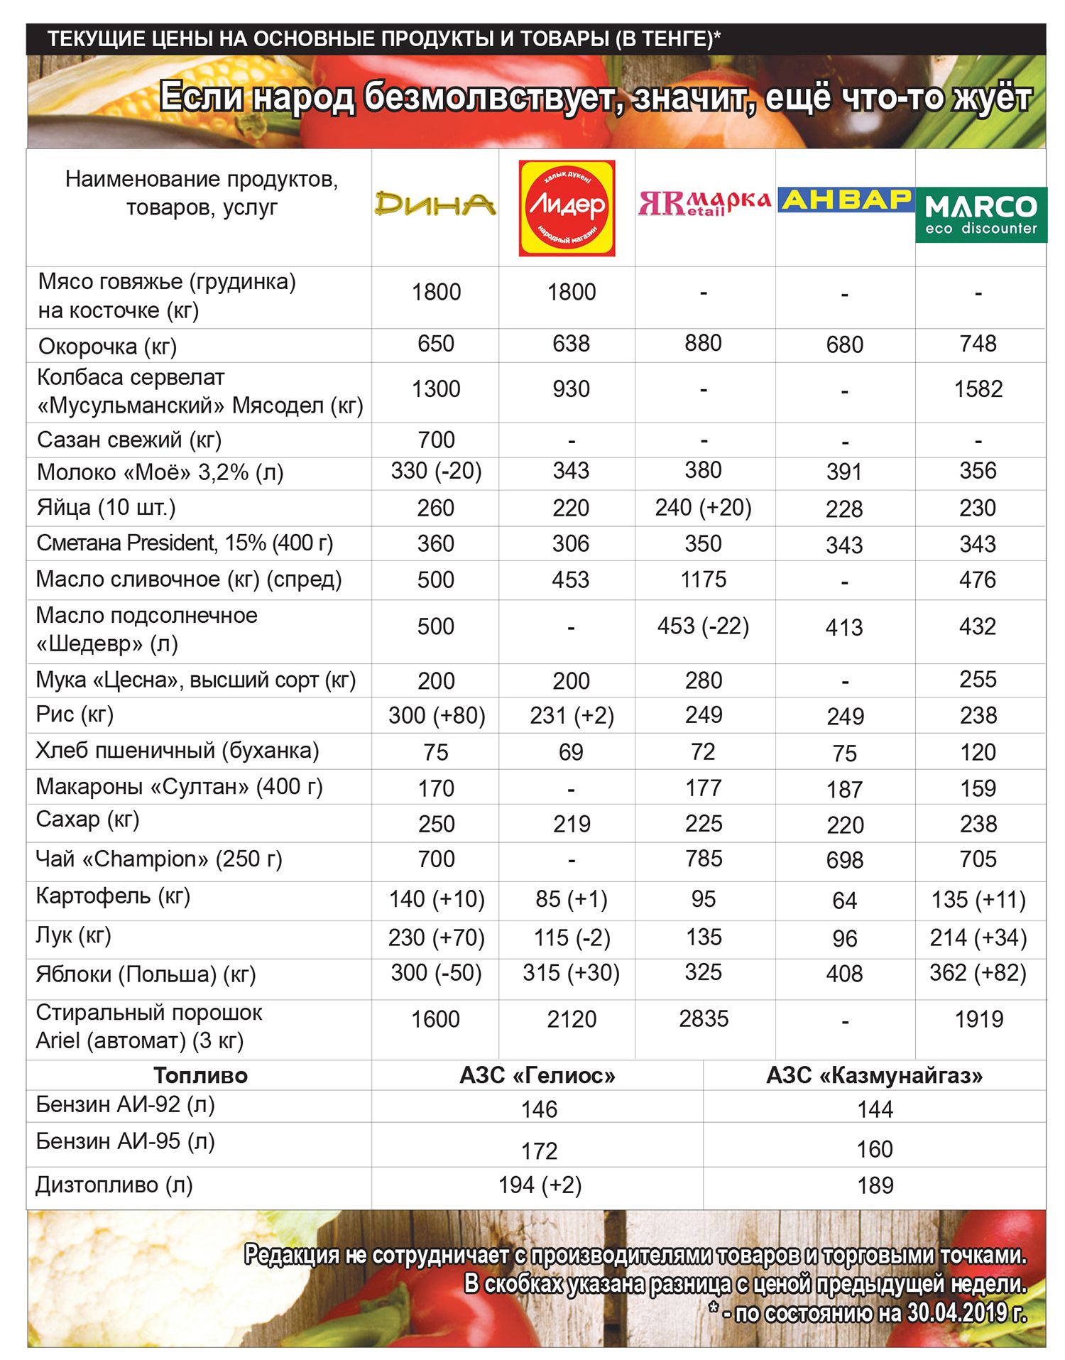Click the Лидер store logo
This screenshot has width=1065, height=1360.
(x=567, y=207)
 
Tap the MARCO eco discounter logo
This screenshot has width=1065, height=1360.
(x=981, y=214)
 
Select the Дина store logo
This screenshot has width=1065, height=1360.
(x=435, y=204)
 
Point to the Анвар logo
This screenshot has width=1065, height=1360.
(x=845, y=200)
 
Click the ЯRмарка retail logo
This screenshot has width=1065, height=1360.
(x=704, y=203)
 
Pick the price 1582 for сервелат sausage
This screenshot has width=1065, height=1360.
(x=978, y=389)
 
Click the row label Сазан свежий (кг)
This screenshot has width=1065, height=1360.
(x=129, y=440)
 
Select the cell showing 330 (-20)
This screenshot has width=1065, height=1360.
(x=436, y=471)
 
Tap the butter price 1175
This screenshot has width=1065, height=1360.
(x=703, y=580)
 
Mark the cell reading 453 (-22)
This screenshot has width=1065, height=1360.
(x=703, y=626)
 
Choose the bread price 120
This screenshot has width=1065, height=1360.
(x=978, y=752)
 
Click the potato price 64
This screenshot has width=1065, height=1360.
(x=844, y=901)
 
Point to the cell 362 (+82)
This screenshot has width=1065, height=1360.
(x=978, y=973)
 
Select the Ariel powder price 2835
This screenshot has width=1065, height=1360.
(x=703, y=1019)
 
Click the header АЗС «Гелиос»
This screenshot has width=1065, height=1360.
(x=537, y=1076)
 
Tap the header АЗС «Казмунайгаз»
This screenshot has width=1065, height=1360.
(x=874, y=1076)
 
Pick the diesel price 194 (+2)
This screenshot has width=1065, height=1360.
(x=540, y=1185)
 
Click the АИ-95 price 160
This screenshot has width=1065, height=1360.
(x=874, y=1149)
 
